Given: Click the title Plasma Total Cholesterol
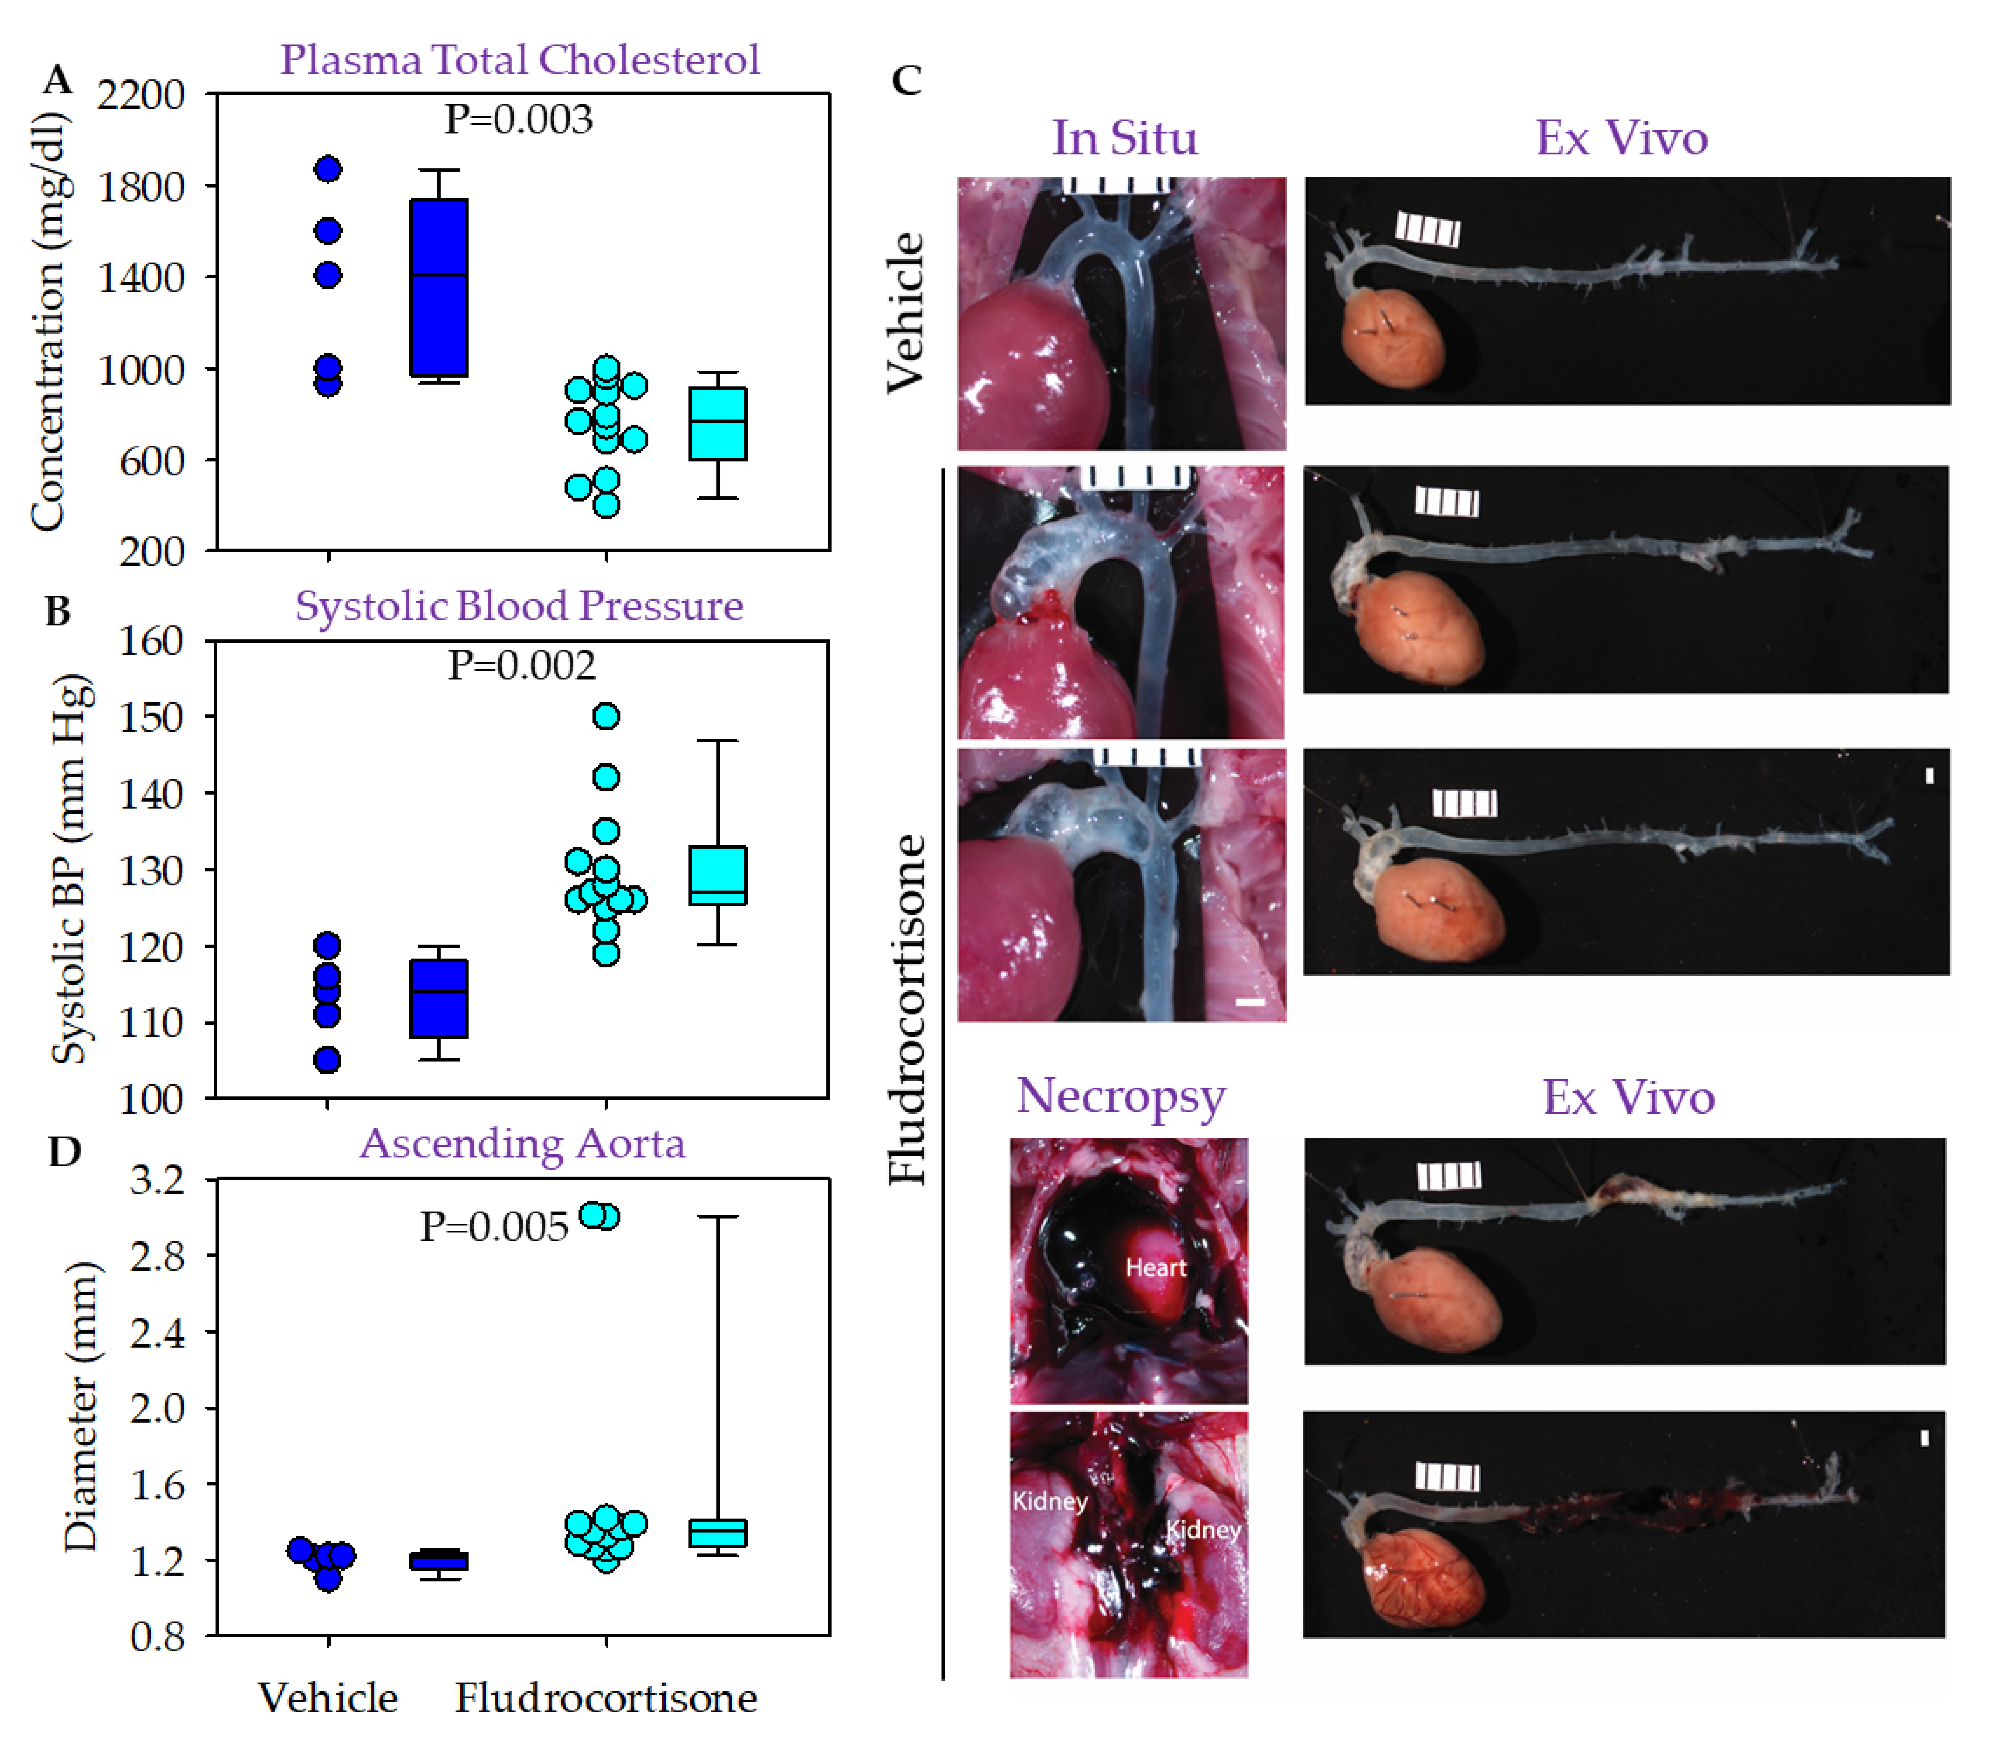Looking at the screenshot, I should tap(520, 60).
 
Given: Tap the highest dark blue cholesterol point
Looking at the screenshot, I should tap(329, 169).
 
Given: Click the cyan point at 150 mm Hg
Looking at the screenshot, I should tap(606, 716).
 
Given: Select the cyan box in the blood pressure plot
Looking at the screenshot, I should tap(718, 875).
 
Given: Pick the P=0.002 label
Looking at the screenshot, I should tap(522, 666).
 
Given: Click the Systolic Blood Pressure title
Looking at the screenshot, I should tap(520, 606).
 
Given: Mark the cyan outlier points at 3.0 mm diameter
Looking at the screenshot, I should tap(599, 1215).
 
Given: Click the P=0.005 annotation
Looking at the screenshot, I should tap(493, 1227).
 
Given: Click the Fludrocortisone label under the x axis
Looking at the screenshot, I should tap(606, 1698).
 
